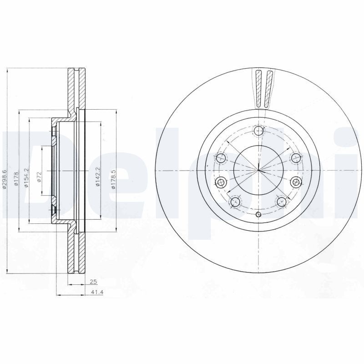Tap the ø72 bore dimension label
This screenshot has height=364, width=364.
click(39, 177)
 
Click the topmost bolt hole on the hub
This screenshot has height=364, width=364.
click(258, 131)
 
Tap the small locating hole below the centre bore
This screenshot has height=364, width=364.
click(258, 215)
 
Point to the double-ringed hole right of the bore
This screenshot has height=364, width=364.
click(296, 182)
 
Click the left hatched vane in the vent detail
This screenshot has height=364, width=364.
click(259, 89)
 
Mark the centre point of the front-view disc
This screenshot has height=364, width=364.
click(258, 171)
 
